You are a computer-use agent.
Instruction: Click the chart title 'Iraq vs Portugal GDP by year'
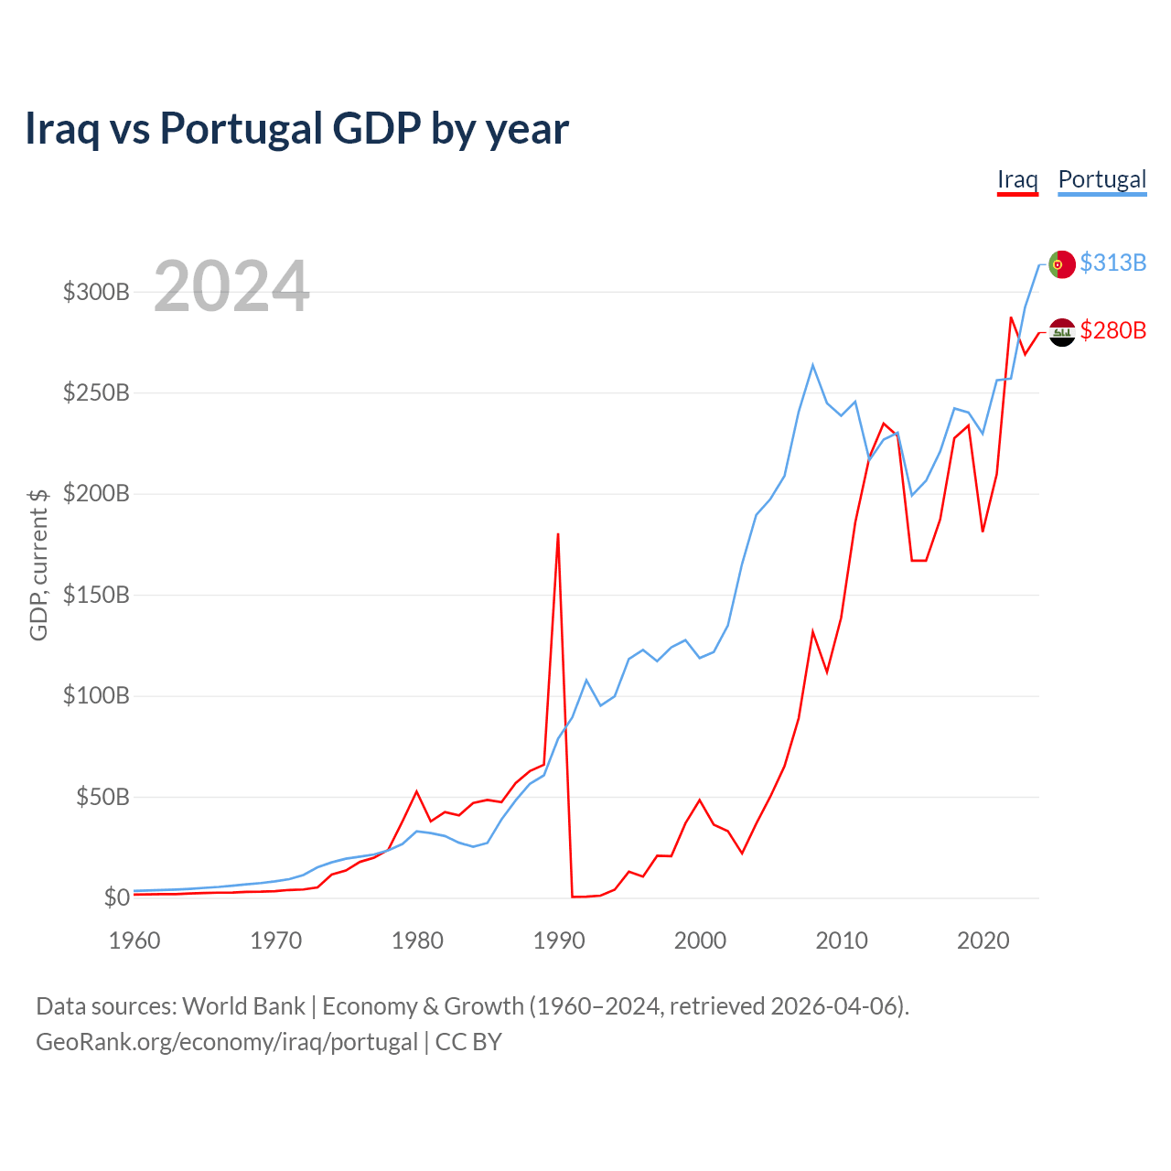pos(296,128)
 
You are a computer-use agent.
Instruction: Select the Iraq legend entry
pos(1017,179)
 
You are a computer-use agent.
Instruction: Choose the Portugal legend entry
pos(1101,179)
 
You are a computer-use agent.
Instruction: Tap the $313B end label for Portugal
pos(1112,263)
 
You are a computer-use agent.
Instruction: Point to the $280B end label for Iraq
pos(1112,330)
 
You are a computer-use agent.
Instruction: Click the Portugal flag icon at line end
pos(1061,264)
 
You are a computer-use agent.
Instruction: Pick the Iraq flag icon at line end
pos(1061,332)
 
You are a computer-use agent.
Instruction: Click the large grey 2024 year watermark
pos(231,286)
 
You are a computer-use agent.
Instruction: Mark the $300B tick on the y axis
pos(96,293)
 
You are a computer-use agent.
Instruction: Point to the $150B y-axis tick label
pos(96,596)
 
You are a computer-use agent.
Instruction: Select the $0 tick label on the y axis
pos(116,898)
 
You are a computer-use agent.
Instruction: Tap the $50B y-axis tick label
pos(102,797)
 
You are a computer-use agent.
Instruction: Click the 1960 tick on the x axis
pos(134,940)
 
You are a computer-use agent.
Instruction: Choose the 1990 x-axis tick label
pos(558,940)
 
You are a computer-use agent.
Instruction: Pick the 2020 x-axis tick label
pos(983,940)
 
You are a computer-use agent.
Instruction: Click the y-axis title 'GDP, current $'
pos(38,564)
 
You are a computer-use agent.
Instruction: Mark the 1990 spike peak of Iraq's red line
pos(558,534)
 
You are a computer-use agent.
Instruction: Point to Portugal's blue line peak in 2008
pos(812,365)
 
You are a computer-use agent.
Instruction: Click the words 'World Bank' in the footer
pos(243,1006)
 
